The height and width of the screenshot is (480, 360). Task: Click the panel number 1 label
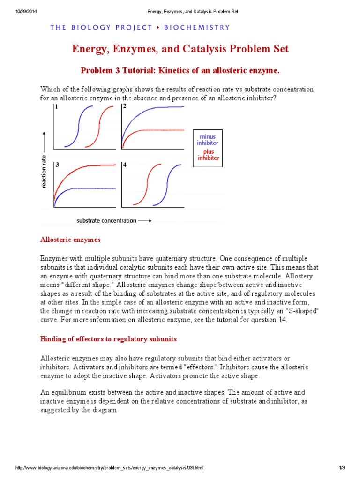click(57, 107)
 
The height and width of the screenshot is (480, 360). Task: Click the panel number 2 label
click(125, 107)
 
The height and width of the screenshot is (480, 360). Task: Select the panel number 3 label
click(57, 165)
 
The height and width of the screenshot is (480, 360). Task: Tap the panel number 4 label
click(125, 165)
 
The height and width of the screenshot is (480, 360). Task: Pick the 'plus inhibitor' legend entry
click(209, 155)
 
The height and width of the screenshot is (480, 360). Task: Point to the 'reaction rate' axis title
click(44, 171)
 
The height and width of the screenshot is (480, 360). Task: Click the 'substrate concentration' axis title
click(106, 220)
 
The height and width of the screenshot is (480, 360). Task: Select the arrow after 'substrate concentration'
click(145, 220)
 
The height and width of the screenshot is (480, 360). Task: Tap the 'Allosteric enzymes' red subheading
click(70, 240)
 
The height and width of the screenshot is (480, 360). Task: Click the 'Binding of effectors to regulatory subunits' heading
click(108, 339)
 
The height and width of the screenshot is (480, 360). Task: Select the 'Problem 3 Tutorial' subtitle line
click(180, 70)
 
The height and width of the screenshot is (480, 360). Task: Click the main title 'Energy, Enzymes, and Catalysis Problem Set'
click(180, 49)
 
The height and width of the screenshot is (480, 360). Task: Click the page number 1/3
click(341, 468)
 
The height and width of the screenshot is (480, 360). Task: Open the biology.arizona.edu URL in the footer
click(110, 468)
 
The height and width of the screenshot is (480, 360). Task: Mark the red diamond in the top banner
click(158, 27)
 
